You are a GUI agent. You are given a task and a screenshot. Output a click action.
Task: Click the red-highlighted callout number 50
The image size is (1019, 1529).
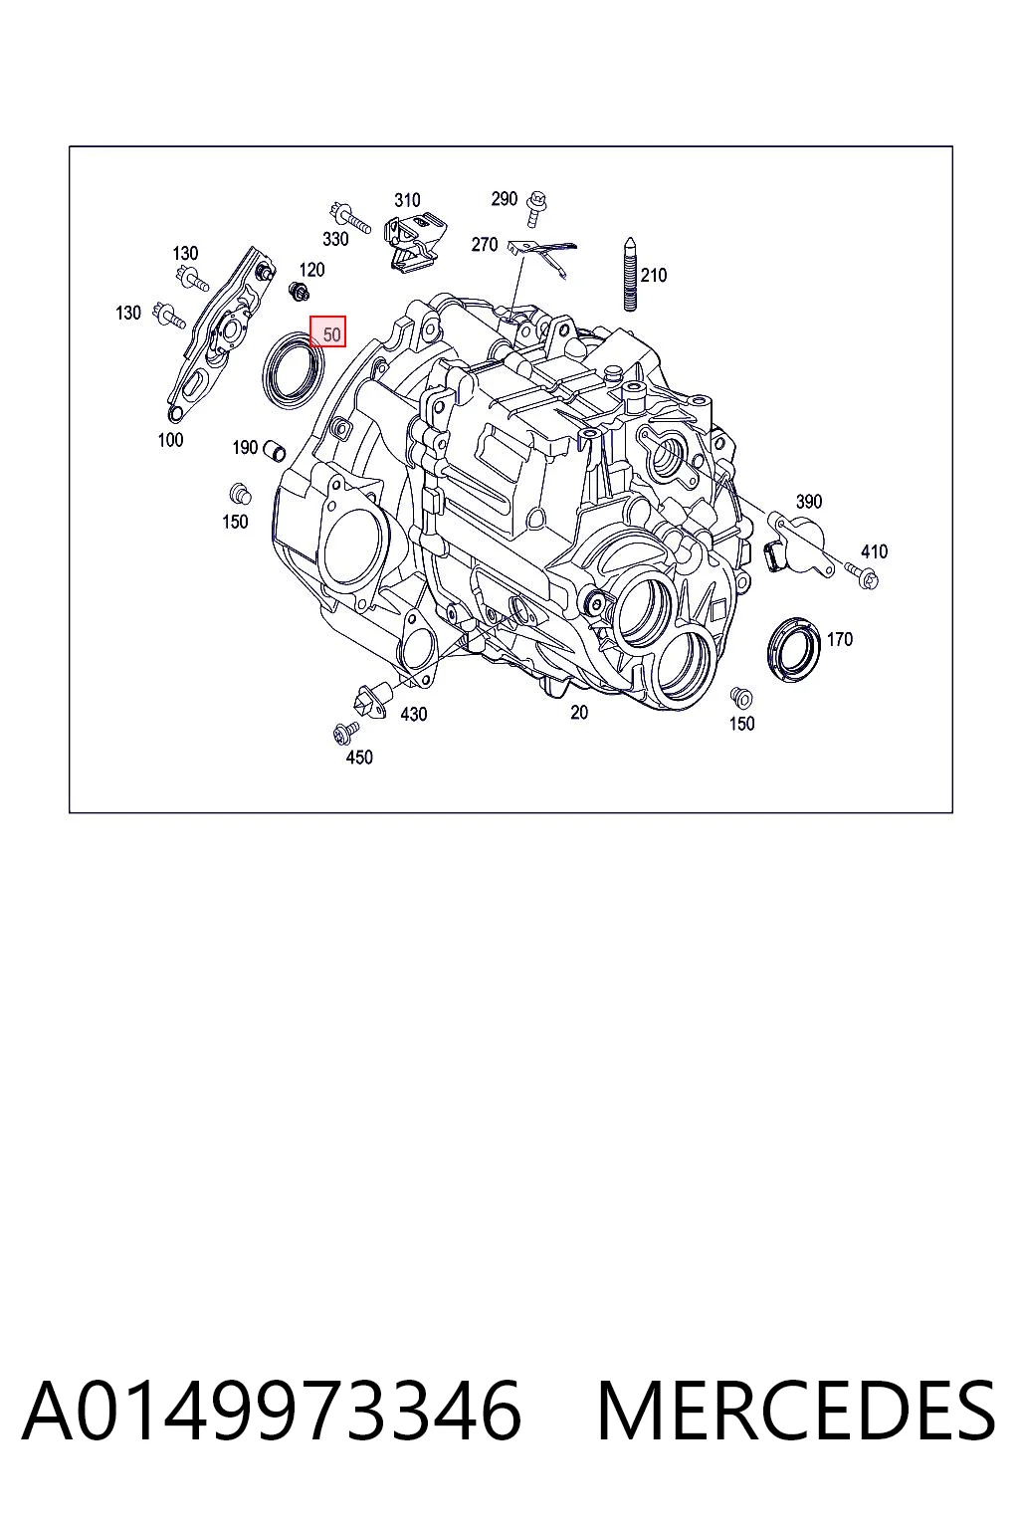[x=331, y=335]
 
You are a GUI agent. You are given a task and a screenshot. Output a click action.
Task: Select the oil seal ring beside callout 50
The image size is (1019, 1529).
[x=295, y=370]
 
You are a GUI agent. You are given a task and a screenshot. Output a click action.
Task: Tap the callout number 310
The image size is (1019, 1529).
[x=407, y=201]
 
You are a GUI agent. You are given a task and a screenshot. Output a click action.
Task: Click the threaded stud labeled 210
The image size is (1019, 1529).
[x=630, y=275]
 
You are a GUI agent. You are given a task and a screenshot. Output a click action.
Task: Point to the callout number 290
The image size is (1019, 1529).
[x=505, y=199]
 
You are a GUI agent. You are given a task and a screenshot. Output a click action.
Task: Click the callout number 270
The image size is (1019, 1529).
[x=485, y=244]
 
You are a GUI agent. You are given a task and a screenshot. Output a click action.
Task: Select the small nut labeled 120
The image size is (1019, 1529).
[x=299, y=292]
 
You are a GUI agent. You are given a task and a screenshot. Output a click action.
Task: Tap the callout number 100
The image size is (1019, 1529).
[x=170, y=440]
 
